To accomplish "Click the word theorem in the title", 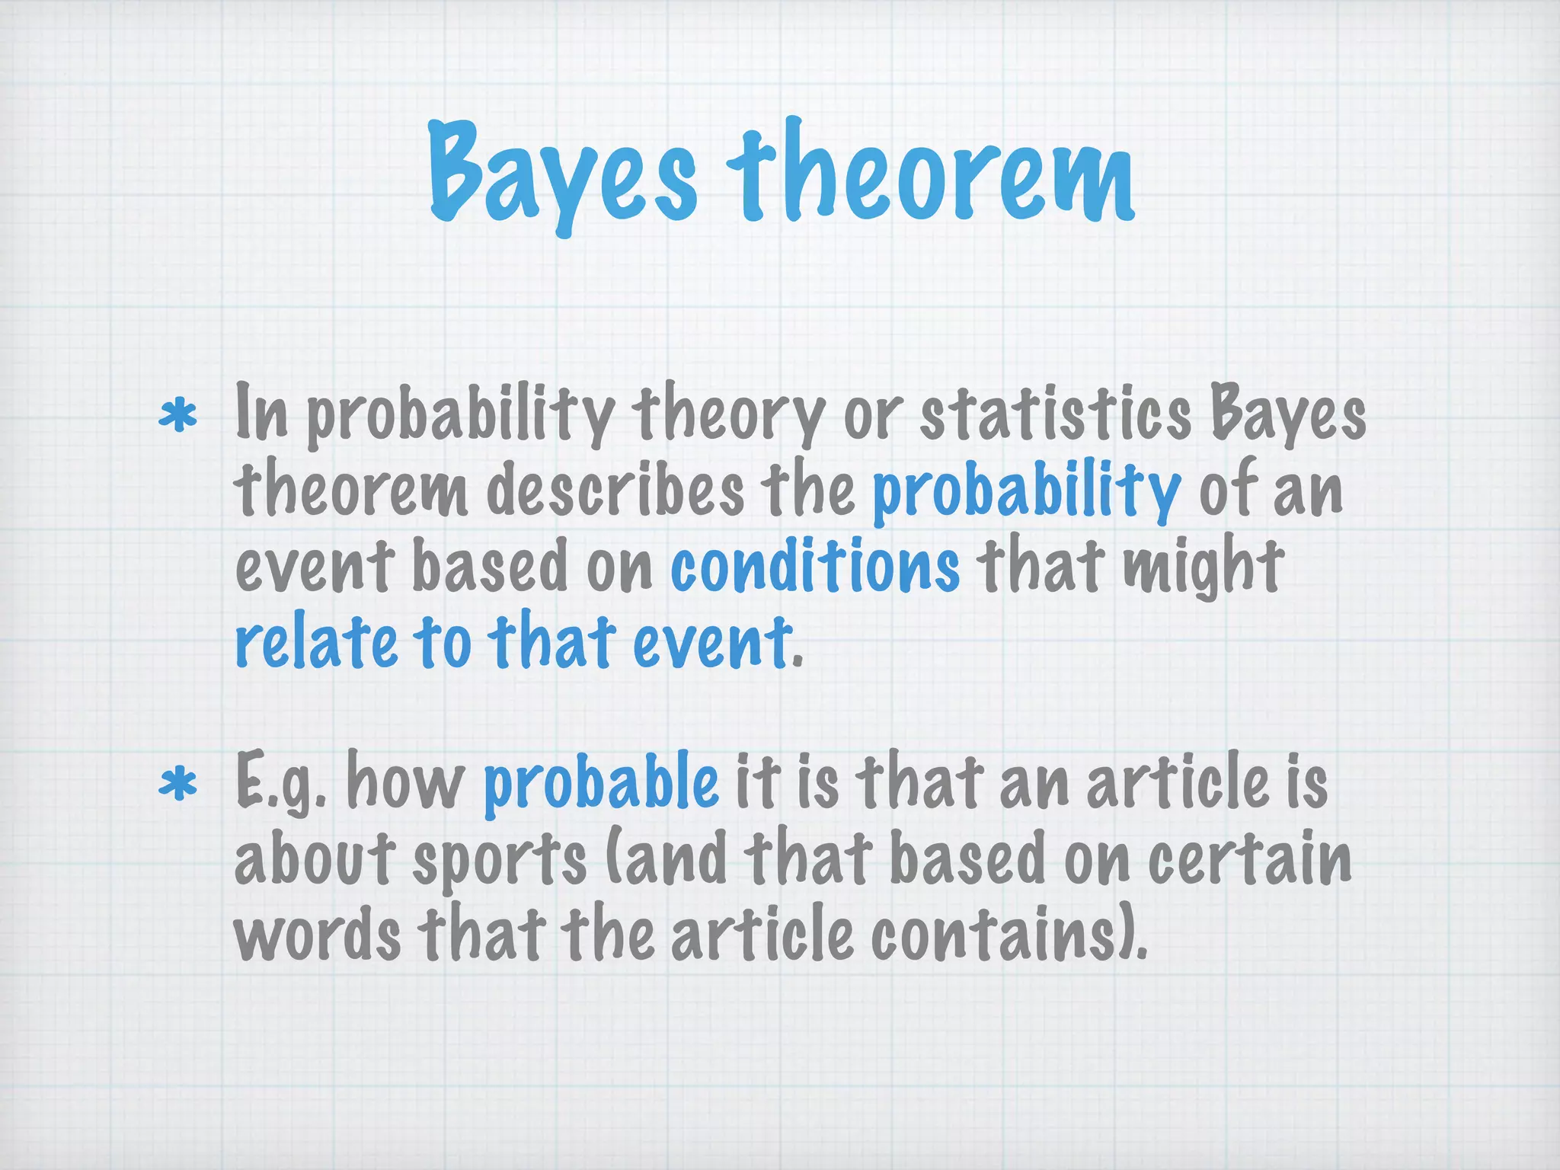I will [x=930, y=177].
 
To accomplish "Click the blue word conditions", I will [x=814, y=566].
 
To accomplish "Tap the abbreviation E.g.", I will [x=281, y=785].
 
